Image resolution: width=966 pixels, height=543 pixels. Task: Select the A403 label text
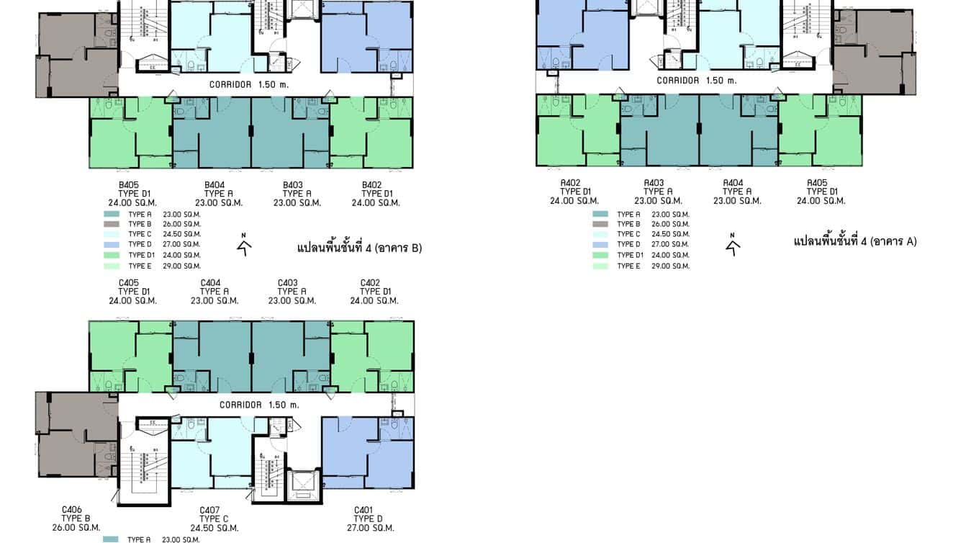click(x=654, y=183)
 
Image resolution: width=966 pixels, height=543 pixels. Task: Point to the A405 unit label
click(x=816, y=183)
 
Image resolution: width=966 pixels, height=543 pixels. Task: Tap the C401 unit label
click(x=364, y=510)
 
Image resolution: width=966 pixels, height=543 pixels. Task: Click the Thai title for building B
click(x=359, y=248)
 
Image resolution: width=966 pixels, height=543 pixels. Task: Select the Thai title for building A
click(x=855, y=241)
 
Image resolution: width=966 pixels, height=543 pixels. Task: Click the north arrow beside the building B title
click(x=245, y=246)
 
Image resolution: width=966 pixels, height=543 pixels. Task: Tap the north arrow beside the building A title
click(x=733, y=246)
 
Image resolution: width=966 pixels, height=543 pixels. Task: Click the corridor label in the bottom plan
click(x=258, y=405)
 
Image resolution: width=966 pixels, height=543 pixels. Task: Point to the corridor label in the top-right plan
click(x=696, y=81)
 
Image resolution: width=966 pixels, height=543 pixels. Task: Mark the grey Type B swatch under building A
click(x=600, y=224)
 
